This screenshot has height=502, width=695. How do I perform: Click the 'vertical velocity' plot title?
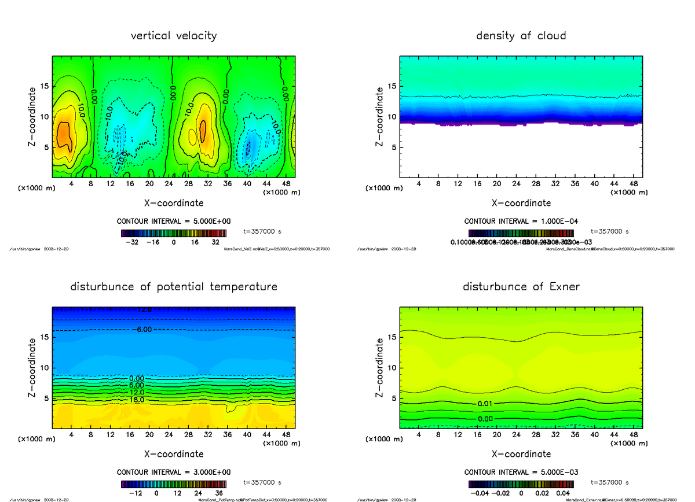174,36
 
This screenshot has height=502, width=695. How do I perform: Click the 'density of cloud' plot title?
521,36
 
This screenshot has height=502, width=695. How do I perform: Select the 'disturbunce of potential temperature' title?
174,287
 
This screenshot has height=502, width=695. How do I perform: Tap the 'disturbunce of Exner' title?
521,287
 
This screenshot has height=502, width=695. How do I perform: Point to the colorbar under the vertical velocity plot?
174,233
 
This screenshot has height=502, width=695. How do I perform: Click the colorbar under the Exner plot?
521,483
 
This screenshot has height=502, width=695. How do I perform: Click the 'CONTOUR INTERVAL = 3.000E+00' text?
174,472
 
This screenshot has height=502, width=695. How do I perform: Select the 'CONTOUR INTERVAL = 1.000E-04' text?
521,222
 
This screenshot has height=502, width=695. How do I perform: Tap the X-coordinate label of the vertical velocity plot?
174,203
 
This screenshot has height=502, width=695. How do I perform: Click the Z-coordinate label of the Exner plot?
380,368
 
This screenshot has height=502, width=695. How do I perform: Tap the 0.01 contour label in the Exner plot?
485,403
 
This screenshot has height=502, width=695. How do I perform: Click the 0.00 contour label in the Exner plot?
485,418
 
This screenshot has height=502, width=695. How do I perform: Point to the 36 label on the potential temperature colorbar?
219,493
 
